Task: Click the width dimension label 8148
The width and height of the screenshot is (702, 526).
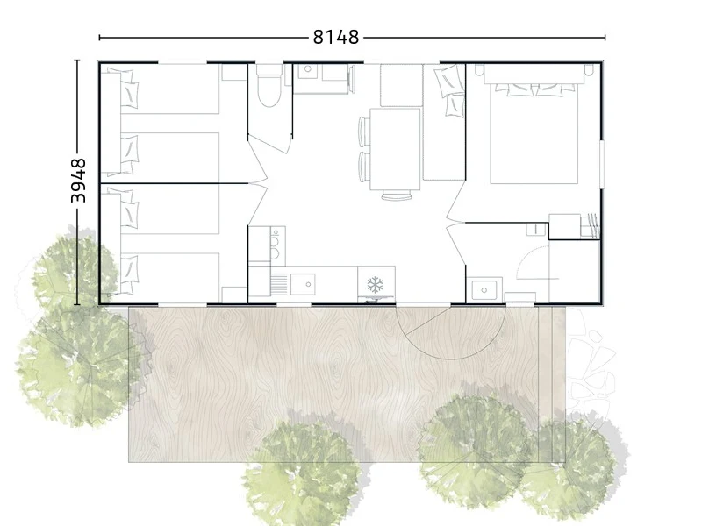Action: point(336,37)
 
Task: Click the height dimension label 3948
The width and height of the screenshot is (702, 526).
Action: point(78,181)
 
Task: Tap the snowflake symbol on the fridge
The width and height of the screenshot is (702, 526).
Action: point(376,284)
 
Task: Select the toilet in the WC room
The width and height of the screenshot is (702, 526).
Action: point(269,85)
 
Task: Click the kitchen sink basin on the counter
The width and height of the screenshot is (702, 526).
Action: point(303,284)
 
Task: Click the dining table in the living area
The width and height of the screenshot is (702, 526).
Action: point(396,149)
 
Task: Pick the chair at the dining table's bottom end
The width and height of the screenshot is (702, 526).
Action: point(397,195)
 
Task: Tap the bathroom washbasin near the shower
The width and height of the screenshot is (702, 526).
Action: point(484,289)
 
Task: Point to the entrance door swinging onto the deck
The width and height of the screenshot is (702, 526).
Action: point(450,332)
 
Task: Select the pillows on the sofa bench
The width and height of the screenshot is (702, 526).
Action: point(450,89)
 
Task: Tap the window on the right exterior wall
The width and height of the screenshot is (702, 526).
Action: point(602,165)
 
